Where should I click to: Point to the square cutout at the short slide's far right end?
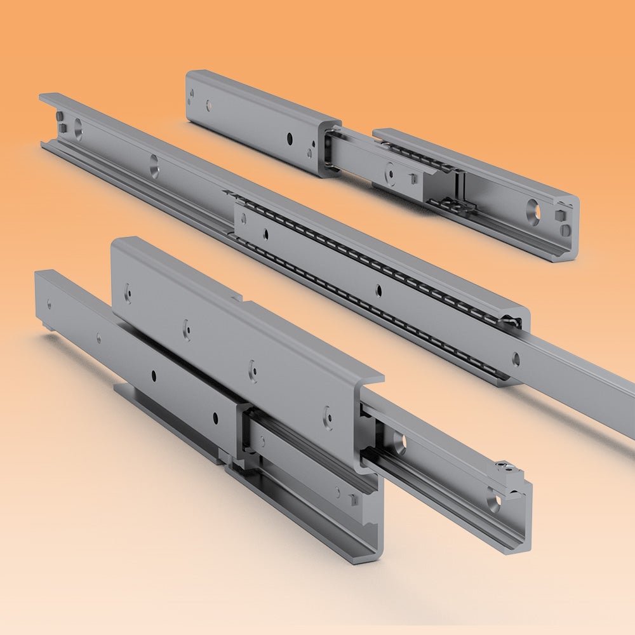click(x=561, y=216)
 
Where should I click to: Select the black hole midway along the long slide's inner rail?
click(x=379, y=291)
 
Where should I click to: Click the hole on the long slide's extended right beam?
click(x=516, y=360)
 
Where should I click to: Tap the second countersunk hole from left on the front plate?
click(x=187, y=330)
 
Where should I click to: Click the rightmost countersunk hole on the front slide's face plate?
click(x=328, y=416)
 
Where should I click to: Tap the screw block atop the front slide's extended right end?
click(x=507, y=471)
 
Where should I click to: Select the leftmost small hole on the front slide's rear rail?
click(x=50, y=304)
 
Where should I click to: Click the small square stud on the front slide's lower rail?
click(x=353, y=500)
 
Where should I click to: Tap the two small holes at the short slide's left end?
click(x=192, y=96)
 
